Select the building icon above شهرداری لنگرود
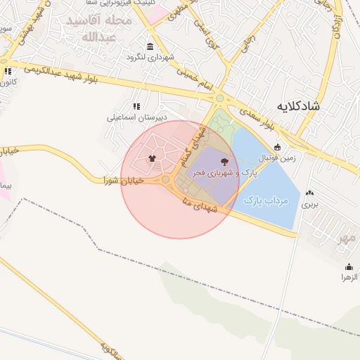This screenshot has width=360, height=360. pos(150,46)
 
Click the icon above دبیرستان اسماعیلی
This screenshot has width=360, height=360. pos(136,106)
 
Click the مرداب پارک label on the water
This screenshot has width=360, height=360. pos(266,201)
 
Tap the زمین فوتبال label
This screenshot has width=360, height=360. pos(278,158)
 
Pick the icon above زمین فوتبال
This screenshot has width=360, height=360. pos(278,147)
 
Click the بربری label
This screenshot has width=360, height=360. pos(310,205)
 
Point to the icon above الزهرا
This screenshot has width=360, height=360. pos(349,266)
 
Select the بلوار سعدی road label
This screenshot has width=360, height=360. pos(257,118)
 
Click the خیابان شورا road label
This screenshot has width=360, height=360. pos(124,181)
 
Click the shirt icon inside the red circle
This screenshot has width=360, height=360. pos(152,157)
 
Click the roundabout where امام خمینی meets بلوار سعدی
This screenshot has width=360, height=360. pos(220,99)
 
